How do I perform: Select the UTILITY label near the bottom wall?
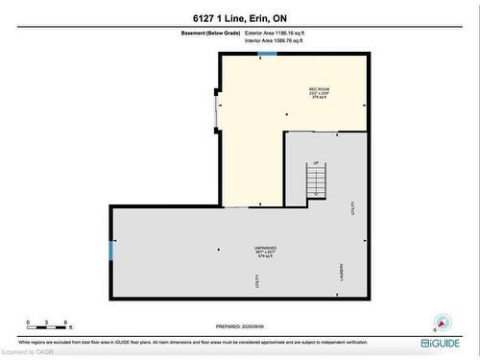point(257,281)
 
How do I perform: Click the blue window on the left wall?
point(111,252)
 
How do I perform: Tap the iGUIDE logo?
point(440,342)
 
